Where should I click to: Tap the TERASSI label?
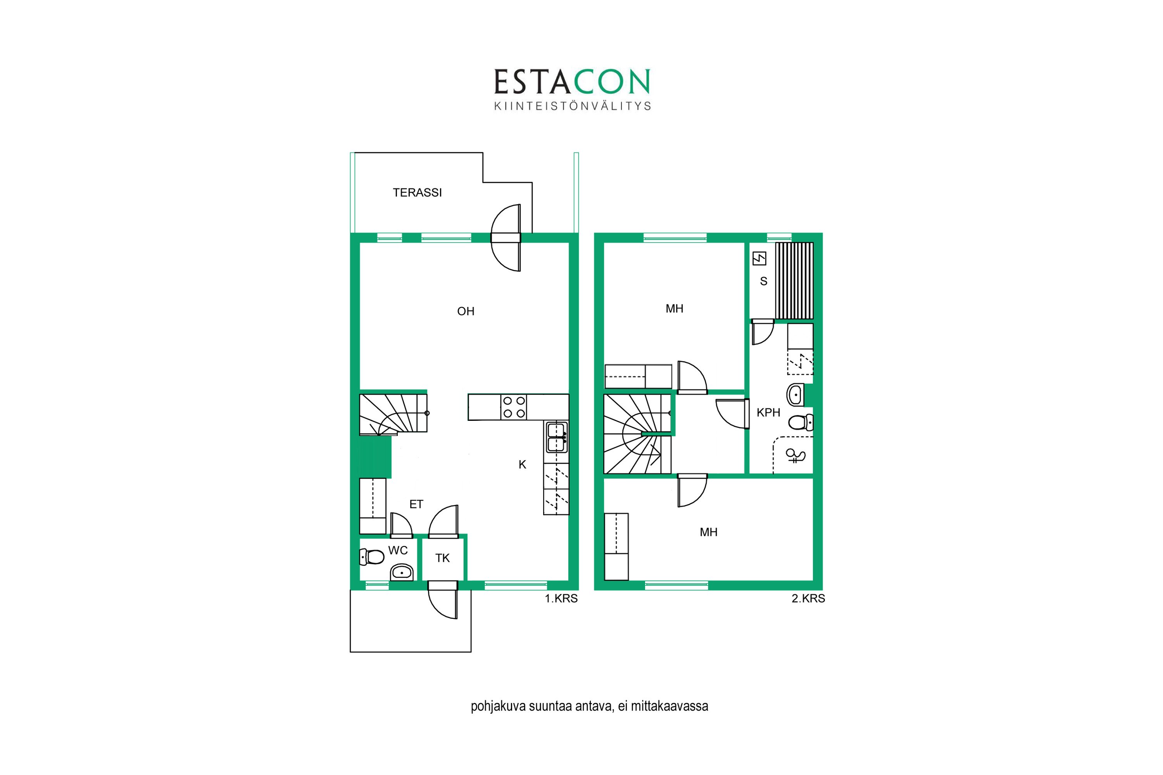tap(418, 193)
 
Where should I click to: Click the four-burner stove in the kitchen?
tap(514, 407)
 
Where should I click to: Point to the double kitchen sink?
tap(556, 437)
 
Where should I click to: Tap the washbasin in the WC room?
tap(402, 573)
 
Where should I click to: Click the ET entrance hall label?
tap(416, 504)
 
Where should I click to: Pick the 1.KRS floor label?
tap(561, 599)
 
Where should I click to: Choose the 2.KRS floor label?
tap(808, 599)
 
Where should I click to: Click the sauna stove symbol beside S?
tap(759, 258)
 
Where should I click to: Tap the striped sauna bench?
tap(794, 281)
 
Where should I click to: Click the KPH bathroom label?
tap(768, 413)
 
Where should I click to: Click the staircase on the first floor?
tap(393, 413)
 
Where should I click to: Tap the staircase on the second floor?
tap(637, 434)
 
